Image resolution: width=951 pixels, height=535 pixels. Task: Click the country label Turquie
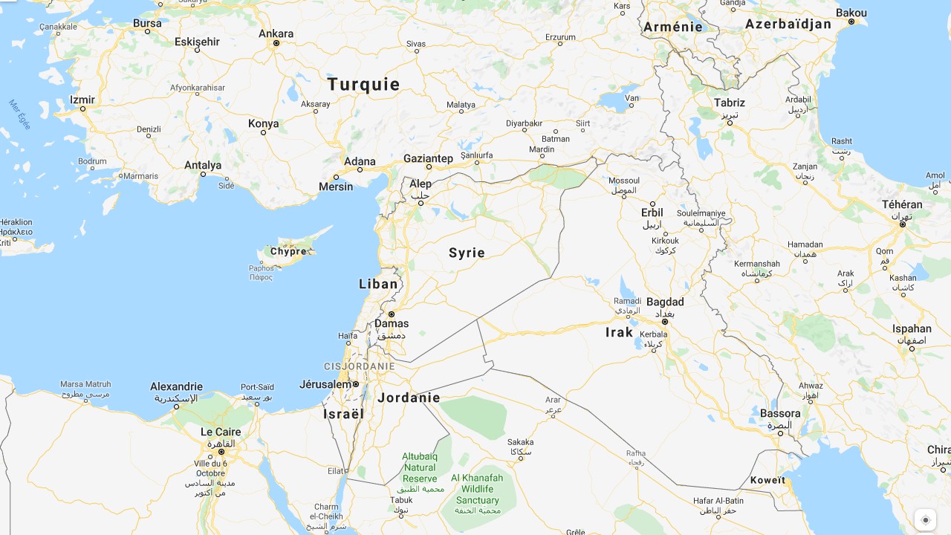pos(363,85)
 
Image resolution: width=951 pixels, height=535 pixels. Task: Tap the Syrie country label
pos(467,253)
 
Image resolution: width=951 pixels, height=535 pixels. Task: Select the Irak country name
pos(619,332)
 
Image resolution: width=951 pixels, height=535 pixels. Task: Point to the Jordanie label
pos(409,398)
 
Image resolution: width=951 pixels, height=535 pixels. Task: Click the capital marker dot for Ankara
pos(276,43)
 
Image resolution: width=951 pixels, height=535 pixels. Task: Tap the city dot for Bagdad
pos(665,322)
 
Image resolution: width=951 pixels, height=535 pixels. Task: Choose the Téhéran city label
pos(902,204)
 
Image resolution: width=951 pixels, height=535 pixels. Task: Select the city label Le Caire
pos(221,432)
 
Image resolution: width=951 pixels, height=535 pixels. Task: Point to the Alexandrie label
pos(176,386)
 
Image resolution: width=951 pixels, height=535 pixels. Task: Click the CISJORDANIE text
pos(360,366)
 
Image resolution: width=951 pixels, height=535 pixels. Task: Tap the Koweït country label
pos(767,480)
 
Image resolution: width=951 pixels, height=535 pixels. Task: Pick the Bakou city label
pos(851,13)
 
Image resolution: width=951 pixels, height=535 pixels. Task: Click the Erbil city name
pos(652,213)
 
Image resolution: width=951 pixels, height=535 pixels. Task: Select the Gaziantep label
pos(428,158)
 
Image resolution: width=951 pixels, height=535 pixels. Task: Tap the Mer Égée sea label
pos(20,114)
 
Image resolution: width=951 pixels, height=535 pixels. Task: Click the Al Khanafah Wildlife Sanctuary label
pos(477,489)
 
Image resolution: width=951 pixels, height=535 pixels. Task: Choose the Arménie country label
pos(673,27)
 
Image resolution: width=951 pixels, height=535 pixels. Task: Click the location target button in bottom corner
pos(925,520)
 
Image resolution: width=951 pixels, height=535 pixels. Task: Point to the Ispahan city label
pos(912,328)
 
